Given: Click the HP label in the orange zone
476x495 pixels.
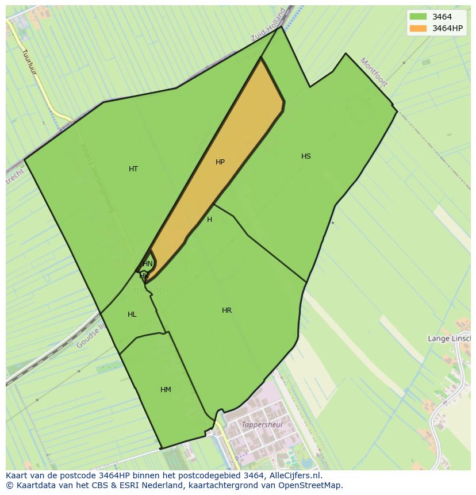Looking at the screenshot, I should coord(220,162).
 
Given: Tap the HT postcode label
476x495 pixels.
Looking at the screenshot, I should coord(133,169).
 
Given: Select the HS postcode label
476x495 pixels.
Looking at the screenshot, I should coord(306,156).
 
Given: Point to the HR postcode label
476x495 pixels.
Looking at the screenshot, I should coord(227,310).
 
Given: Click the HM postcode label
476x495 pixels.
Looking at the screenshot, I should coord(166,390).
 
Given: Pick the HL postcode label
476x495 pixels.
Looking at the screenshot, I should coord(132,314).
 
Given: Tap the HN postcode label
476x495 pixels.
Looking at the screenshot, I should coord(148,264).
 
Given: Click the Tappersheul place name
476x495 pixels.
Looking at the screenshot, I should coord(262,425).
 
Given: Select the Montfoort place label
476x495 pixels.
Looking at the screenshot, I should coord(374,72).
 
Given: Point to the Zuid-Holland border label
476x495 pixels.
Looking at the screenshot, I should coord(268,25).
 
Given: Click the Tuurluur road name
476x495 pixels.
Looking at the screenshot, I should coord(29,64).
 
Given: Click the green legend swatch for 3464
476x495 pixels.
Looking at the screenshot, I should coord(418,17).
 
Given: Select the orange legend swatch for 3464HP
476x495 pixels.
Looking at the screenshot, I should coord(418,28).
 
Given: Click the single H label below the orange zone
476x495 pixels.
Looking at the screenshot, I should coord(209,220).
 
